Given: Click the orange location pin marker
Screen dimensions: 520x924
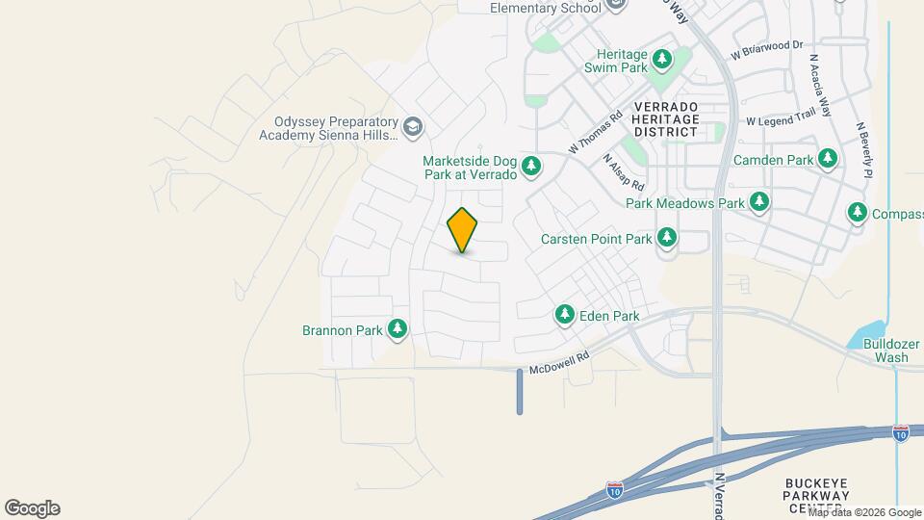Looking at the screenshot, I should coord(462,230).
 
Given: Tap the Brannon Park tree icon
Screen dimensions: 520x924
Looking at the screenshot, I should coord(397,329).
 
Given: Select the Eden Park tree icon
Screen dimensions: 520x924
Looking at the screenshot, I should coord(565,314).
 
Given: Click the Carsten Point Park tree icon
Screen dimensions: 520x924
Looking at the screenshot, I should coord(666,238).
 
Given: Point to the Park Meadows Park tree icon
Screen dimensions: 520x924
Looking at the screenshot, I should coord(760,202).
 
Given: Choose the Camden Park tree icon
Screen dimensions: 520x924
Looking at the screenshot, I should coord(827,159).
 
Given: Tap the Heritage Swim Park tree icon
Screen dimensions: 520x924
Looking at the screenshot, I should coord(661,61).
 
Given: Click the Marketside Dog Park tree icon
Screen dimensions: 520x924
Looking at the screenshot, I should coord(530,168).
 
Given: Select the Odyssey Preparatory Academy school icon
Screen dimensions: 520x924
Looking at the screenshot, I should coord(412,126).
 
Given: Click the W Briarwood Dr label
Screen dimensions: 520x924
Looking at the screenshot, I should coord(766,49).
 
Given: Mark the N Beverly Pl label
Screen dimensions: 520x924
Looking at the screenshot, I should coord(862,148).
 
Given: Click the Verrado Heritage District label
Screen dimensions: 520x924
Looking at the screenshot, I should coord(665,118).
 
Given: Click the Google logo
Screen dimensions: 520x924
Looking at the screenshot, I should coord(32,508).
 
